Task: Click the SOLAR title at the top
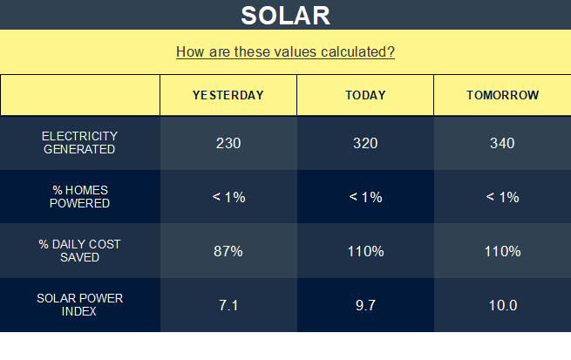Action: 286,16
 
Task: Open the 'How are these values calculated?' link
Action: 286,52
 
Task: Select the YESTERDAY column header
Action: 228,95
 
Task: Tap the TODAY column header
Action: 365,95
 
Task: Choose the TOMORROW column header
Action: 502,95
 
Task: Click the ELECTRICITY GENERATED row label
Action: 79,143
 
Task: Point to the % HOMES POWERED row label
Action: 79,197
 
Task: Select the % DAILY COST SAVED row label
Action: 79,250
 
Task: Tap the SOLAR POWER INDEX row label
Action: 79,305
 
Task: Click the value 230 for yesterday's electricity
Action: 228,143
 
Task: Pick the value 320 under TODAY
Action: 365,143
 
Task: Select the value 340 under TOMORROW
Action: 502,143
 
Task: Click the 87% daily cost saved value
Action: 228,251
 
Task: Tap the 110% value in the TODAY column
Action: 365,251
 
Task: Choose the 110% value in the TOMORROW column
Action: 502,251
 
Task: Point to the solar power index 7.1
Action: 228,305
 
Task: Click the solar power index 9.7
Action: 365,305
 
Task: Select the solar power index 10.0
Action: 503,305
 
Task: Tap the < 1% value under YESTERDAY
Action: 228,197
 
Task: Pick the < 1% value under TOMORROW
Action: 502,197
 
